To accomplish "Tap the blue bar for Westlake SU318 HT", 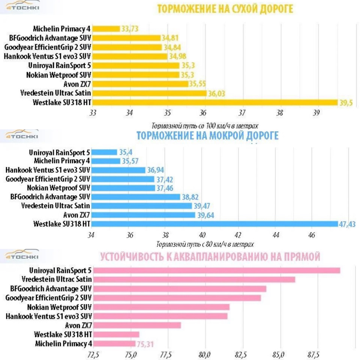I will tap(216, 224).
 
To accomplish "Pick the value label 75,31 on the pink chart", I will tap(144, 344).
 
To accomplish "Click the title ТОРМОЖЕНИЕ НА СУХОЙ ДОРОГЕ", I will tap(225, 9).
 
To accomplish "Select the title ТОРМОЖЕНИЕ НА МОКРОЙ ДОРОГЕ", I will tap(207, 135).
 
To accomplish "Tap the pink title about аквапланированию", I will tap(210, 257).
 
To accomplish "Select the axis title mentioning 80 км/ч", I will tap(205, 244).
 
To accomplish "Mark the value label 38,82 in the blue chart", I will tap(190, 197).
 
